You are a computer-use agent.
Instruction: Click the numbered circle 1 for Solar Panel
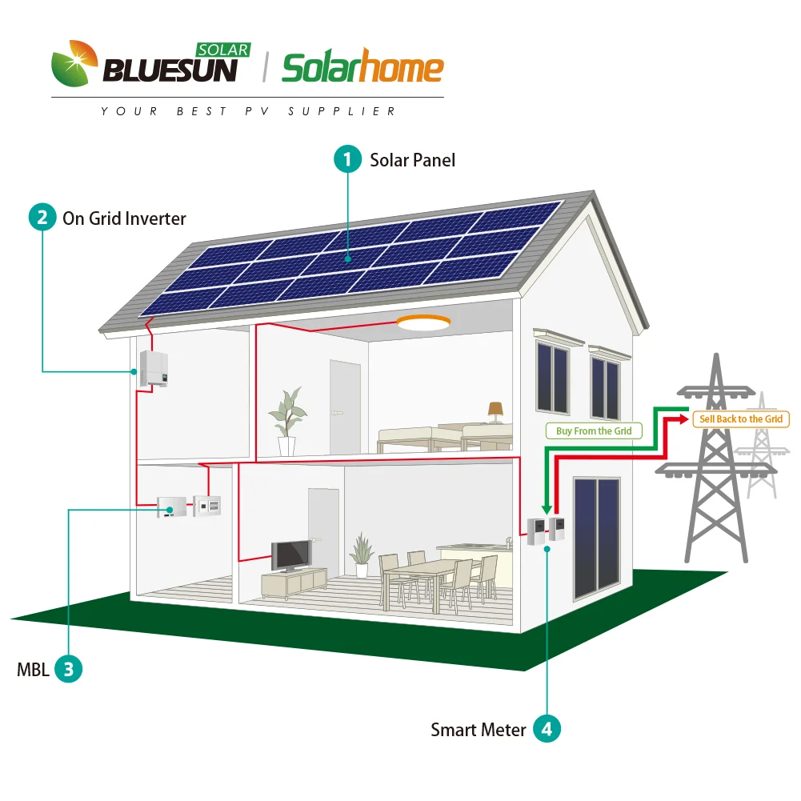pyautogui.click(x=347, y=159)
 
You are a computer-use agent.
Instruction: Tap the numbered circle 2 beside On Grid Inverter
pyautogui.click(x=42, y=218)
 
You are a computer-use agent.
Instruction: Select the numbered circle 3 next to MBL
pyautogui.click(x=69, y=669)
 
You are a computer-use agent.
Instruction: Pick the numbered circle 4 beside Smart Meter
pyautogui.click(x=547, y=729)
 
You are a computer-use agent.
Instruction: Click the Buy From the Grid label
pyautogui.click(x=594, y=431)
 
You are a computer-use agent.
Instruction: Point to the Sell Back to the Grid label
pyautogui.click(x=741, y=419)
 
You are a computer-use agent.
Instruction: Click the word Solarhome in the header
pyautogui.click(x=362, y=69)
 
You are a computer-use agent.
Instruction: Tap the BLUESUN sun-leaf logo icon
pyautogui.click(x=75, y=65)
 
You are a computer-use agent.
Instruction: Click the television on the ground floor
pyautogui.click(x=290, y=553)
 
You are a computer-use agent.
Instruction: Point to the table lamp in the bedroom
pyautogui.click(x=495, y=411)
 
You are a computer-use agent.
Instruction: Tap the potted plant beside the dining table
pyautogui.click(x=362, y=555)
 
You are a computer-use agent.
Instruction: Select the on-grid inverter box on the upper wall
pyautogui.click(x=154, y=368)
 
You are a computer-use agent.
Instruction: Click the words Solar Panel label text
pyautogui.click(x=412, y=160)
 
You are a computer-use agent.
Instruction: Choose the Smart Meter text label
pyautogui.click(x=479, y=730)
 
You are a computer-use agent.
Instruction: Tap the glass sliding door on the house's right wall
pyautogui.click(x=597, y=538)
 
